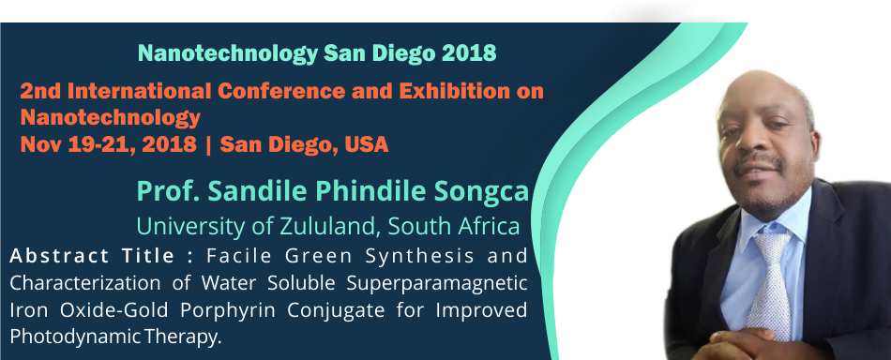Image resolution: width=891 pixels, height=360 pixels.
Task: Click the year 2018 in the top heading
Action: [468, 52]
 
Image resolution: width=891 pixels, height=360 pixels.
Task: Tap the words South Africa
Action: [454, 226]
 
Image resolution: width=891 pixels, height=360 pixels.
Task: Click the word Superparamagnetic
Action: [445, 283]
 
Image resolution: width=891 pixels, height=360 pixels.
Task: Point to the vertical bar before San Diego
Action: [208, 145]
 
